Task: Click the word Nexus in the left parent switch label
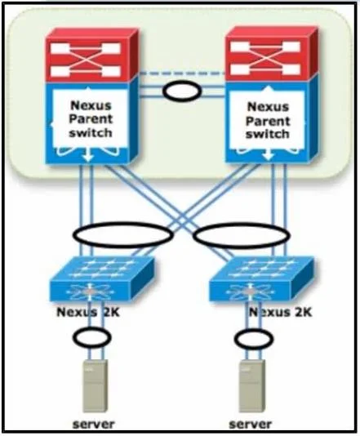point(91,105)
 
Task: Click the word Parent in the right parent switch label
point(268,121)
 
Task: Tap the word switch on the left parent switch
point(91,132)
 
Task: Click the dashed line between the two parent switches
point(182,73)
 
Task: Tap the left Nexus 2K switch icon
point(102,279)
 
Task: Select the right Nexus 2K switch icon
point(261,279)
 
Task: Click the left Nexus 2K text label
point(88,312)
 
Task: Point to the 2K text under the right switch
point(300,312)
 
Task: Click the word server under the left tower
point(93,424)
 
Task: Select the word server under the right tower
point(250,424)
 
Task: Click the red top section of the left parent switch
point(91,55)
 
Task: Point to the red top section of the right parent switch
point(272,54)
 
